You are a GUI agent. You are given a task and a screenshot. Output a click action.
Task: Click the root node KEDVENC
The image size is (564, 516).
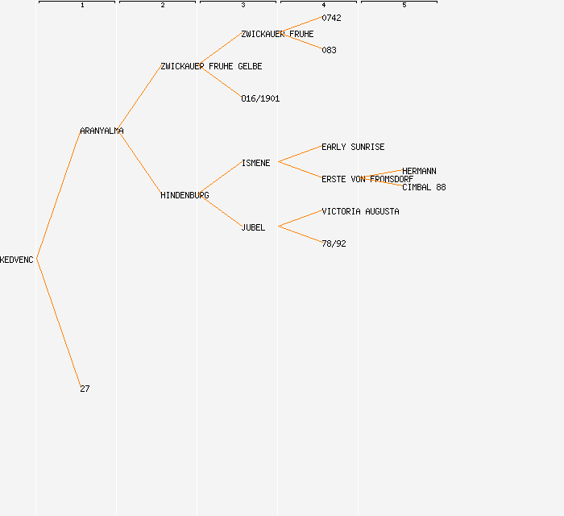(17, 260)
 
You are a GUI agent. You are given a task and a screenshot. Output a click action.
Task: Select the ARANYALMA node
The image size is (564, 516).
(102, 131)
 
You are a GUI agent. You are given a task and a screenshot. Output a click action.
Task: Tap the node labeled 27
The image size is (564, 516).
(85, 389)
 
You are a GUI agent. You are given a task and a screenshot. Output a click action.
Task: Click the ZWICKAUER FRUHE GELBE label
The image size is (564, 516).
(211, 66)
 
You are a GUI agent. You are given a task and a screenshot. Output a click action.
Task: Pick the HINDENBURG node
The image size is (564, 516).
(185, 195)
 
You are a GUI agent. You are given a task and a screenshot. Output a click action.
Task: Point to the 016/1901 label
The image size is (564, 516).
(260, 98)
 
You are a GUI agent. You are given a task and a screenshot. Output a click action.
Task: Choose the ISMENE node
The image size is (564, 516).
(255, 163)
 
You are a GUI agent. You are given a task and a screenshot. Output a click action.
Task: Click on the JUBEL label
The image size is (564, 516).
(253, 227)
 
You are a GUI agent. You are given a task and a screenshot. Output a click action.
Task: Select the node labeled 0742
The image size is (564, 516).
(331, 18)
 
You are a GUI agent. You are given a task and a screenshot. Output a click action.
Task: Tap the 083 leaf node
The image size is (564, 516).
(329, 50)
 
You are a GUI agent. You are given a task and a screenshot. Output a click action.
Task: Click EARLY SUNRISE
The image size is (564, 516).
(353, 147)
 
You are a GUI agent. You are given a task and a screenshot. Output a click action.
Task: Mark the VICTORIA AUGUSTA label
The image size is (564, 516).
(360, 211)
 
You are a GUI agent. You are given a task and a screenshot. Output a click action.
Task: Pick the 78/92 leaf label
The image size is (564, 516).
(334, 243)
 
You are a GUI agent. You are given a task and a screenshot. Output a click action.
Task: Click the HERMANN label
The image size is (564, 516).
(419, 171)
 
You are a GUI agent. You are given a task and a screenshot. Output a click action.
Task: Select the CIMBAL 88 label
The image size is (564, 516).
(424, 187)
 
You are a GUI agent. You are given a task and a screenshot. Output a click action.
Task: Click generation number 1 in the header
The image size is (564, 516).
(82, 6)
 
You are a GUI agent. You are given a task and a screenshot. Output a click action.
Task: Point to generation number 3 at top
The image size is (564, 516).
(243, 6)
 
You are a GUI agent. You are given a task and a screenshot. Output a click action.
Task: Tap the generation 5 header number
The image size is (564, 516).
(404, 6)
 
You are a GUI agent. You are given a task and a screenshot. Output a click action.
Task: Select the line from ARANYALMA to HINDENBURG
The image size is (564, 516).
(140, 163)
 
